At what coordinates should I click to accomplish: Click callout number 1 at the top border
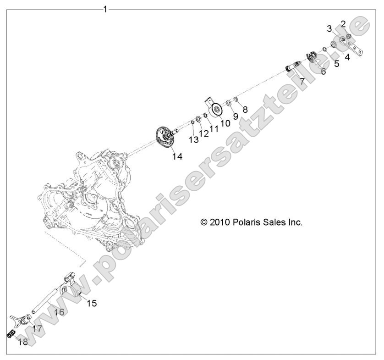(105, 10)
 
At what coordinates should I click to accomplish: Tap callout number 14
(177, 156)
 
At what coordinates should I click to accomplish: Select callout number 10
(225, 123)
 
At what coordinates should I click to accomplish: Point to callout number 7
(302, 81)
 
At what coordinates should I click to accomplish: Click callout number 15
(92, 304)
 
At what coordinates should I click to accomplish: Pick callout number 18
(23, 342)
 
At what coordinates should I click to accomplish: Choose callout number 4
(347, 57)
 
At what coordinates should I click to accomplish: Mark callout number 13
(193, 140)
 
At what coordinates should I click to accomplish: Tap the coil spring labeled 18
(11, 334)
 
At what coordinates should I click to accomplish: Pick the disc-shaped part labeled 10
(214, 108)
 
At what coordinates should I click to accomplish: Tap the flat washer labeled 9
(229, 103)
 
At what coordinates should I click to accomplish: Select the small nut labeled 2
(349, 37)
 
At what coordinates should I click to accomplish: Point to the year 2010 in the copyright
(219, 222)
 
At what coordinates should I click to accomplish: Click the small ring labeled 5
(324, 49)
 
